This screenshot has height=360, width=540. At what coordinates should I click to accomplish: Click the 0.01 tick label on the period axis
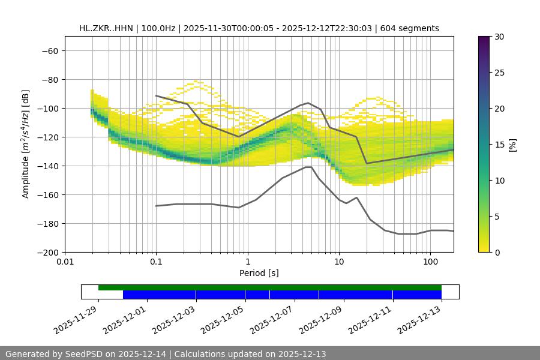(x=65, y=262)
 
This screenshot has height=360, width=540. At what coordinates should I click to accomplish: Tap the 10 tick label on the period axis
(x=339, y=262)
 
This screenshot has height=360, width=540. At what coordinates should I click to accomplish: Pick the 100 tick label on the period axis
(x=430, y=262)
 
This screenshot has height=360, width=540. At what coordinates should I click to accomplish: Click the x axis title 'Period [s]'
(x=259, y=273)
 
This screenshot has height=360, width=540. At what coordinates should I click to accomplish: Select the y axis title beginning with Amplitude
(x=26, y=144)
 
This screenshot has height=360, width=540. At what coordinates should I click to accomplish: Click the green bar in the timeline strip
(x=270, y=287)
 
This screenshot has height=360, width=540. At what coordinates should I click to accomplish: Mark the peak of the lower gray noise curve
(x=308, y=167)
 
